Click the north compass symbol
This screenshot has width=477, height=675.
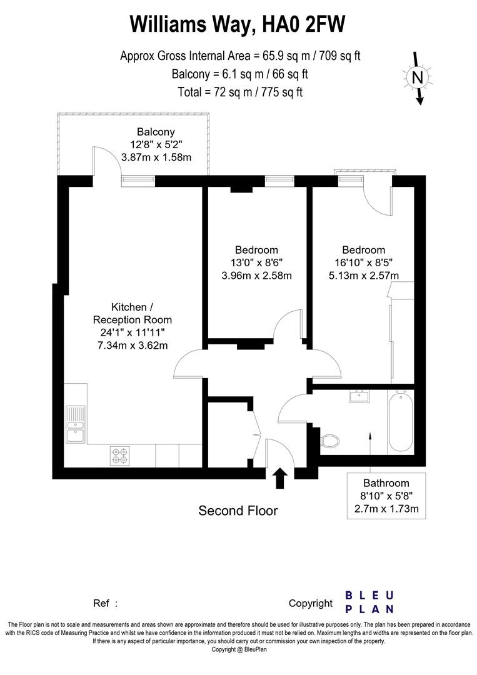pyautogui.click(x=418, y=77)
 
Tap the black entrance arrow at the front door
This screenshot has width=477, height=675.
pyautogui.click(x=280, y=478)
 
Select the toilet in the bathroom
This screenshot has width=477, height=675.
pyautogui.click(x=329, y=441)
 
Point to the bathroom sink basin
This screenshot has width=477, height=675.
pyautogui.click(x=360, y=396)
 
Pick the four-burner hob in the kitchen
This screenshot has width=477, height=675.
pyautogui.click(x=119, y=454)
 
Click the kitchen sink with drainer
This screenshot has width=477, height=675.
pyautogui.click(x=76, y=423)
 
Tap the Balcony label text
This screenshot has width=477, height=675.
pyautogui.click(x=156, y=132)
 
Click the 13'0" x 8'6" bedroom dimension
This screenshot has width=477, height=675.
pyautogui.click(x=258, y=262)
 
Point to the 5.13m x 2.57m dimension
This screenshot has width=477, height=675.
pyautogui.click(x=364, y=275)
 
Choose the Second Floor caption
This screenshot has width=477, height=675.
pyautogui.click(x=238, y=511)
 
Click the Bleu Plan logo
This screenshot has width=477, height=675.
pyautogui.click(x=369, y=602)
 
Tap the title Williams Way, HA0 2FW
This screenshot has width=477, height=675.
pyautogui.click(x=238, y=25)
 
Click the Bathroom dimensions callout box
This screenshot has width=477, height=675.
pyautogui.click(x=386, y=496)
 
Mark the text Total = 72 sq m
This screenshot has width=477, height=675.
pyautogui.click(x=239, y=92)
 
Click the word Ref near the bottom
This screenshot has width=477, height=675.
pyautogui.click(x=102, y=603)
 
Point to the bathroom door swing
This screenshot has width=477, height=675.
pyautogui.click(x=293, y=409)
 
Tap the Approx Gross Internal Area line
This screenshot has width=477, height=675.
pyautogui.click(x=240, y=56)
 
